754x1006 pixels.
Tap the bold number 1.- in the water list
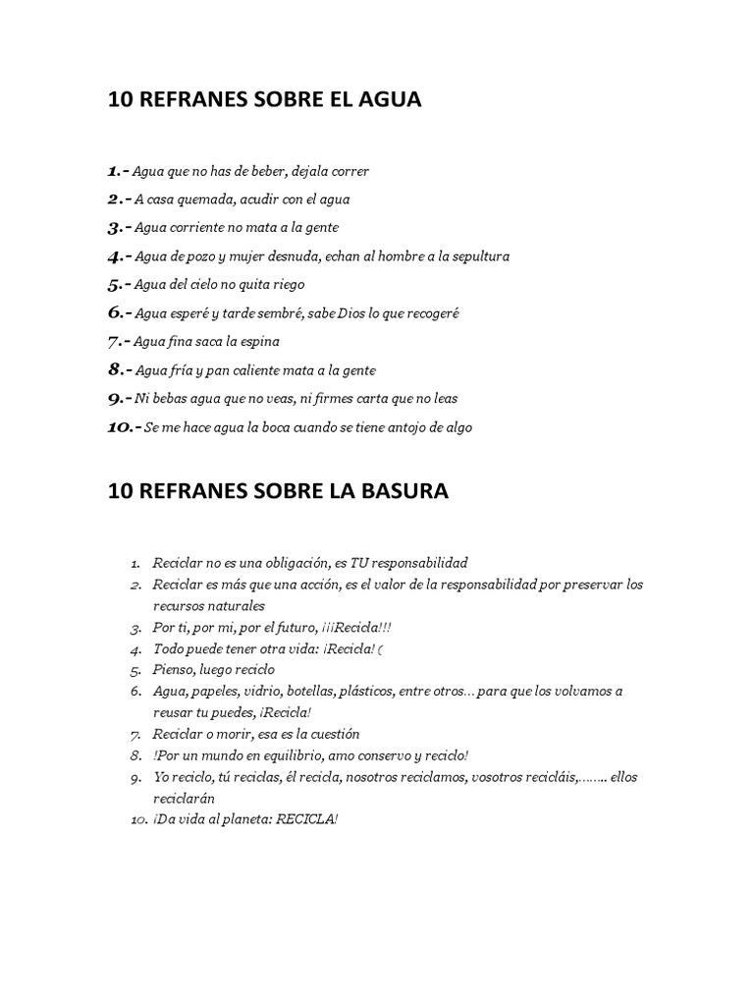tap(118, 171)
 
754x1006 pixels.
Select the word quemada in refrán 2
tap(198, 199)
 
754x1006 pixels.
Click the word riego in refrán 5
tap(287, 285)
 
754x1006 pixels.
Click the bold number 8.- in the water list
tap(119, 370)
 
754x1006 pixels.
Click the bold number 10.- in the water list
tap(124, 427)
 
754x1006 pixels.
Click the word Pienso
tap(174, 669)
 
